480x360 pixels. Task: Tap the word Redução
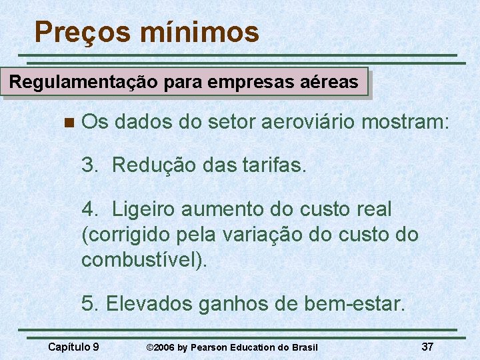pos(153,165)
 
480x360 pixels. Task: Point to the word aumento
pos(228,209)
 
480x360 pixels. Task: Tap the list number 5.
pos(89,304)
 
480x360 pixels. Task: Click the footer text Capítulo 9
pos(74,347)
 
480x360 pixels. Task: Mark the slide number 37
pos(427,347)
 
